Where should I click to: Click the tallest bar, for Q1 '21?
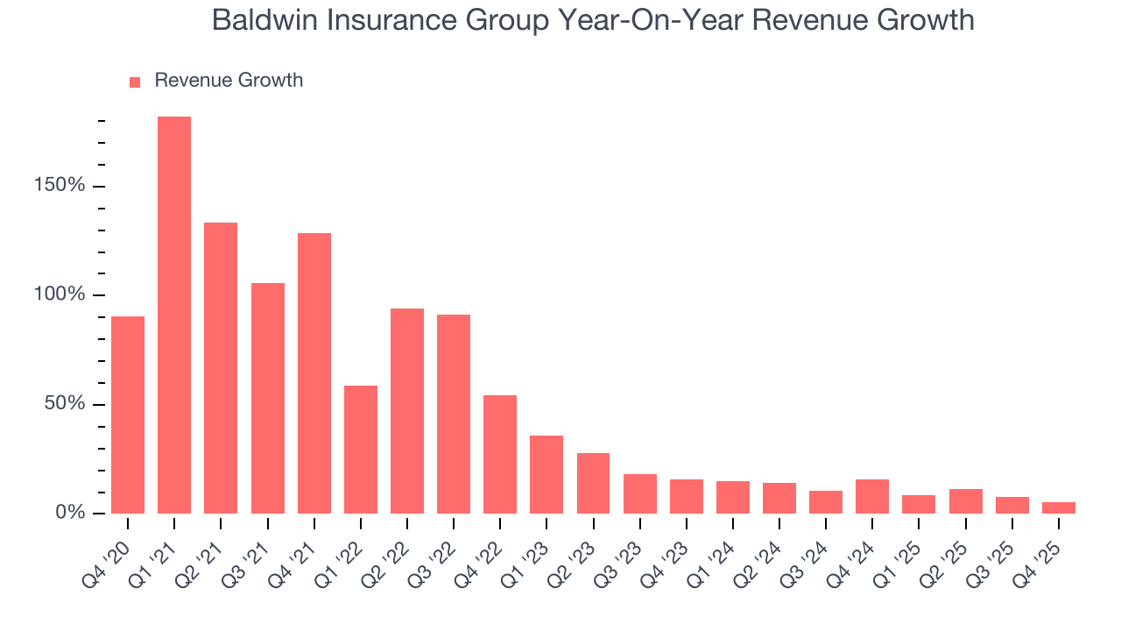[174, 315]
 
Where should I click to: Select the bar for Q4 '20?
[128, 415]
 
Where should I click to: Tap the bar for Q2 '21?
[221, 368]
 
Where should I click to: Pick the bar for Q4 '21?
[314, 373]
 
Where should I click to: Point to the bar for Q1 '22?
[361, 450]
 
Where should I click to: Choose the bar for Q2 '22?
[407, 411]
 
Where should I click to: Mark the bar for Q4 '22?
[500, 454]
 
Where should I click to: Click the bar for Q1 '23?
[546, 474]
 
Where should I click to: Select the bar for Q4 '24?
[872, 496]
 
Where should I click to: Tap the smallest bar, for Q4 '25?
[1059, 507]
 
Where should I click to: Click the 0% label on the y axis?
[71, 513]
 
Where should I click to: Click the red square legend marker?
[135, 82]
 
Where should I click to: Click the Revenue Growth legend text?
[229, 81]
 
